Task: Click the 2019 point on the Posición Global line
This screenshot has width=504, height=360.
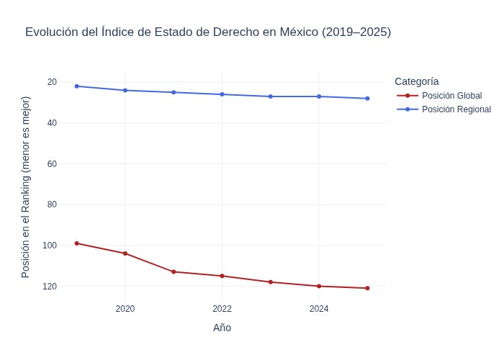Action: tap(77, 243)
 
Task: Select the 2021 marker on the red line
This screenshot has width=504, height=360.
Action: tap(174, 271)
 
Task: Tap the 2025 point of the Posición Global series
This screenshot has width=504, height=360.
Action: tap(367, 288)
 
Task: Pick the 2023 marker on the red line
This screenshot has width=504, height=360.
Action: tap(271, 282)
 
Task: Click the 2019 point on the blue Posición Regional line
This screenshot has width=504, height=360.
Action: tap(77, 86)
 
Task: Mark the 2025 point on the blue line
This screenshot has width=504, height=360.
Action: tap(367, 98)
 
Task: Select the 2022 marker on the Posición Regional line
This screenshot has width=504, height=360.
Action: tap(222, 94)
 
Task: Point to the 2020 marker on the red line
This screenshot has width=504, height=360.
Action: tap(125, 253)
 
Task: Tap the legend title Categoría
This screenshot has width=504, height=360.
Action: tap(417, 81)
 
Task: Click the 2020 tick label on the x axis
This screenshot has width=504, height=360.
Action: tap(125, 309)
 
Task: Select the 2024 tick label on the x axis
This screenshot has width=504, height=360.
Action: tap(319, 309)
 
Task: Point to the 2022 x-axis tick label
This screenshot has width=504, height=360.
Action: tap(222, 309)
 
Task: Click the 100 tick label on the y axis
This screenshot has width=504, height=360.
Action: tap(50, 246)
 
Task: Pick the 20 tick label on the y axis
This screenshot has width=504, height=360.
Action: tap(52, 82)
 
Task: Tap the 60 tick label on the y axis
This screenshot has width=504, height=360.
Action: tap(52, 164)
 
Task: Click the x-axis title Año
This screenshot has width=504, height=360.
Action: tap(222, 328)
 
